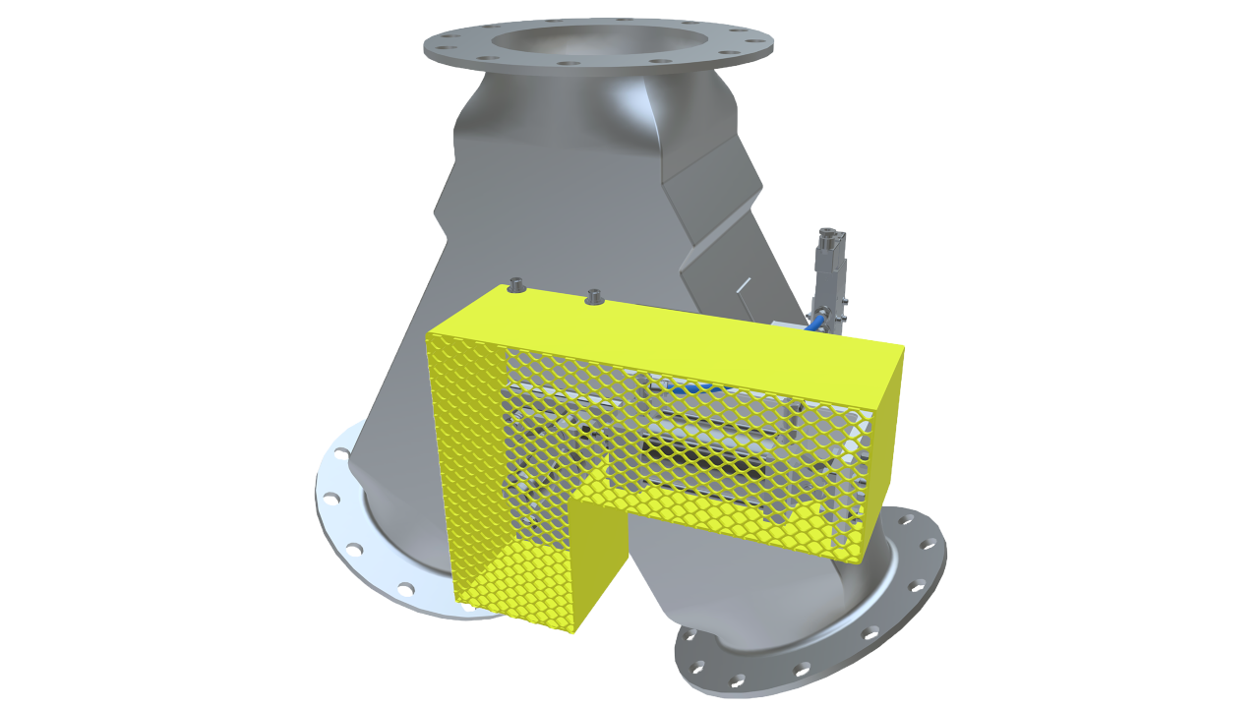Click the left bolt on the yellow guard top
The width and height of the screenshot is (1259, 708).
click(515, 286)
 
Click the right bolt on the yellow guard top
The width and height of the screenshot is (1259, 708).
click(593, 295)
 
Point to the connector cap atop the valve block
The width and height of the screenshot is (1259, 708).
click(832, 239)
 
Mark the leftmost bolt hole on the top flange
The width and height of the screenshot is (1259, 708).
click(440, 43)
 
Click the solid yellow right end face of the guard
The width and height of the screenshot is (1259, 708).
click(885, 442)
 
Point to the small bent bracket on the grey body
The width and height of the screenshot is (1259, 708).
click(743, 286)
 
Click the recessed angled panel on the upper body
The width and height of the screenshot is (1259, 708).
click(713, 197)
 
